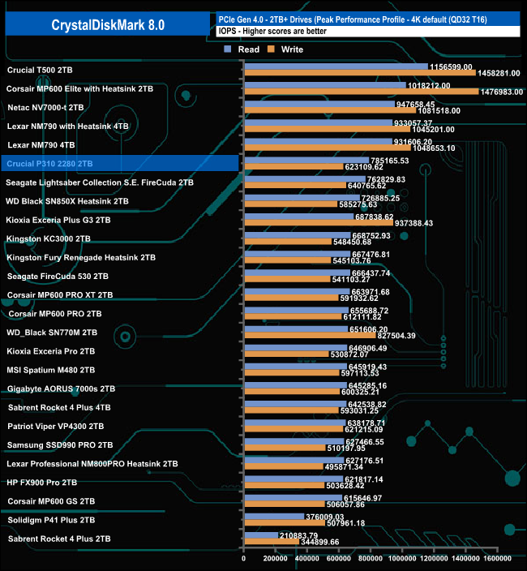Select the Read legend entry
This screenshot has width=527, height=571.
243,49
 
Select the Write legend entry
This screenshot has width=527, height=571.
286,49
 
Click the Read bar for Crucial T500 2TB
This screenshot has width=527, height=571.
335,67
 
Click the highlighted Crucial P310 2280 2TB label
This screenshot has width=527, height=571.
50,163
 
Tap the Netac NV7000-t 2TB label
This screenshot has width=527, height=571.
45,107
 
